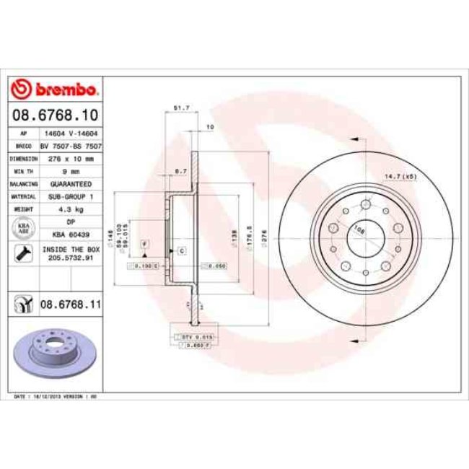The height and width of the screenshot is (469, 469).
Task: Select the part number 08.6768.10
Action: coord(54,115)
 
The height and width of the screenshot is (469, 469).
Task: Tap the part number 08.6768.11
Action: coord(69,306)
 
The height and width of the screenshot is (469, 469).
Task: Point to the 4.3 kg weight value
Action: coord(71,209)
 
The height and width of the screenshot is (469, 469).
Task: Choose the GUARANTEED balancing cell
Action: coord(71,184)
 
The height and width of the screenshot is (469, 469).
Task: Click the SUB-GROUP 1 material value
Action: coord(71,196)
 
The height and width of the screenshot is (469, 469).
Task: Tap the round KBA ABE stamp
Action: coord(22,229)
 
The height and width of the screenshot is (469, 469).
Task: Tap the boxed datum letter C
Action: coord(181,250)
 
